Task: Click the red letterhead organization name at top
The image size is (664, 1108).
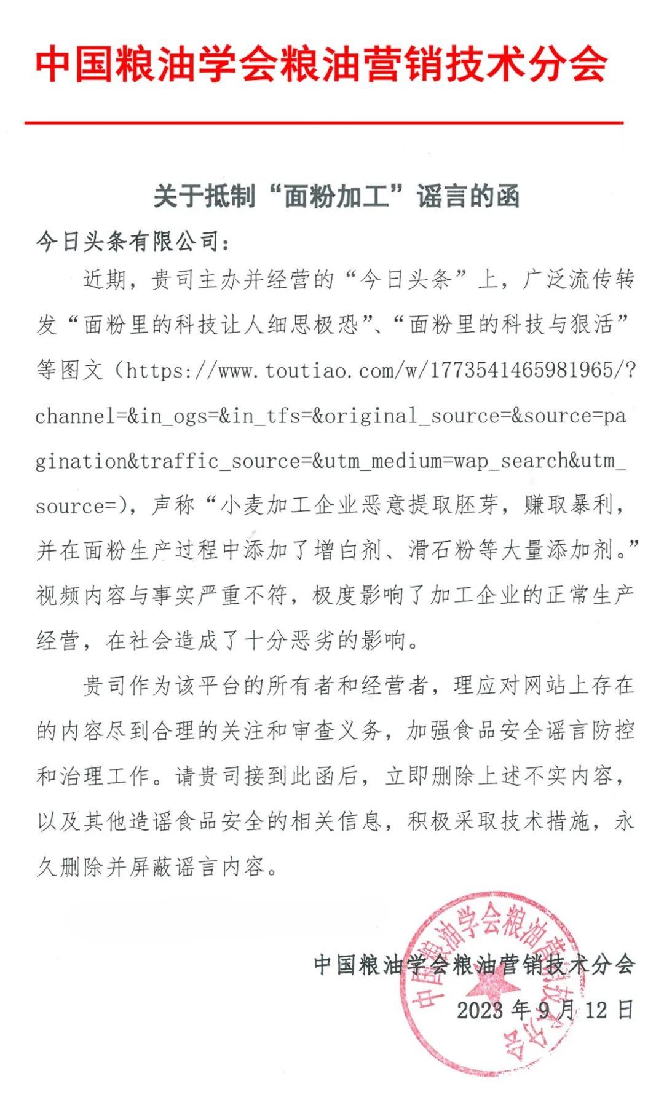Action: pyautogui.click(x=322, y=64)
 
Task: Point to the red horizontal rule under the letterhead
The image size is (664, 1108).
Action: pyautogui.click(x=324, y=123)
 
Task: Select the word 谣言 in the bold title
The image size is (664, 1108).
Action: pyautogui.click(x=441, y=197)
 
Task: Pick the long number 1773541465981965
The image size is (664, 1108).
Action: pyautogui.click(x=521, y=371)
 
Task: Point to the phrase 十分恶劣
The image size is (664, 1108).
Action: pyautogui.click(x=290, y=641)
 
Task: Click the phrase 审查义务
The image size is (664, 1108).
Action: pyautogui.click(x=336, y=731)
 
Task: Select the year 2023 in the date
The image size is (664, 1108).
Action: pyautogui.click(x=480, y=1010)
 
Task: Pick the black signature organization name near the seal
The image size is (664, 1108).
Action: pyautogui.click(x=474, y=964)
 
